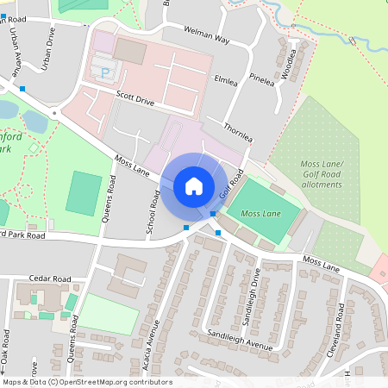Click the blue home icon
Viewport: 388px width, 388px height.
[194, 185]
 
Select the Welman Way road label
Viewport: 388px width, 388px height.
[205, 34]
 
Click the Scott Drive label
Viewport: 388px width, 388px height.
[135, 101]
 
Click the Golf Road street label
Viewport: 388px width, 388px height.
[228, 182]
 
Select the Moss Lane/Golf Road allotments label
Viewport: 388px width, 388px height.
[321, 173]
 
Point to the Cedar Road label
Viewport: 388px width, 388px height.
[50, 279]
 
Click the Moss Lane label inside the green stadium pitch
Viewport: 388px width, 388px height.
[261, 213]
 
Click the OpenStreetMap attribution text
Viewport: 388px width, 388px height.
[87, 382]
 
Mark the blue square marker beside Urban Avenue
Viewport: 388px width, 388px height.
[22, 88]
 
